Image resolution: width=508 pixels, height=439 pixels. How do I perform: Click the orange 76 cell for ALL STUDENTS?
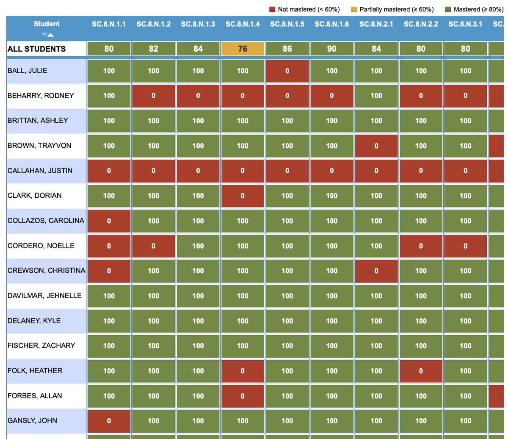point(243,49)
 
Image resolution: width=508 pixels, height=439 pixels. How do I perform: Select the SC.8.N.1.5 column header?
point(287,24)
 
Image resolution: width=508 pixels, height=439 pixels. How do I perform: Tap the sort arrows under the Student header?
point(47,35)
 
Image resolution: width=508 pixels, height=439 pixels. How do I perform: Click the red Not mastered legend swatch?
point(272,9)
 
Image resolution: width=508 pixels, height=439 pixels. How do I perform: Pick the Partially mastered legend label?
point(396,9)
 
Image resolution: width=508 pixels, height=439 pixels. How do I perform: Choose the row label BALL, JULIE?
point(28,71)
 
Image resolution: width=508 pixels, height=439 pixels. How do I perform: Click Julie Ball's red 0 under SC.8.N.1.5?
point(287,71)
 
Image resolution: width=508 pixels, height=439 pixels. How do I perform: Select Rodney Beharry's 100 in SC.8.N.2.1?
point(376,96)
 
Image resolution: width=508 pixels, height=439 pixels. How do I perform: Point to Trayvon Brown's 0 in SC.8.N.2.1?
point(376,146)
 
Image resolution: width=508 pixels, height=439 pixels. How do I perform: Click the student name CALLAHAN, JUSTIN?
point(40,171)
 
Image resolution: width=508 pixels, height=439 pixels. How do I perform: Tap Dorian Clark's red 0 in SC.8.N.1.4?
point(243,196)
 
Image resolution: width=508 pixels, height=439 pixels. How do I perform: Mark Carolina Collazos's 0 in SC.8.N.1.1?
point(109,221)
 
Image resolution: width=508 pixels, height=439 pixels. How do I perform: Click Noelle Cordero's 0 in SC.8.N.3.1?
point(465,246)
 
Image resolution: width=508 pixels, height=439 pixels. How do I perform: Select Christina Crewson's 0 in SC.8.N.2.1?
point(376,271)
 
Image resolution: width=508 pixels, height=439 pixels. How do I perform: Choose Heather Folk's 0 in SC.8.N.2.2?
point(421,371)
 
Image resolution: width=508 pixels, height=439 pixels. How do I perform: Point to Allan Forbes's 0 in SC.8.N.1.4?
point(243,396)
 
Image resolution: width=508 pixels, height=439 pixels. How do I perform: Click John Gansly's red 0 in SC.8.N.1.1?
point(109,421)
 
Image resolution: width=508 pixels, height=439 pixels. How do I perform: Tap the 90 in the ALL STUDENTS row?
point(331,49)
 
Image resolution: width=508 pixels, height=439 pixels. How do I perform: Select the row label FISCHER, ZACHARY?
point(41,345)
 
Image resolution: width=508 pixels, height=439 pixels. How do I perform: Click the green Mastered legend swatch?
point(448,9)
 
